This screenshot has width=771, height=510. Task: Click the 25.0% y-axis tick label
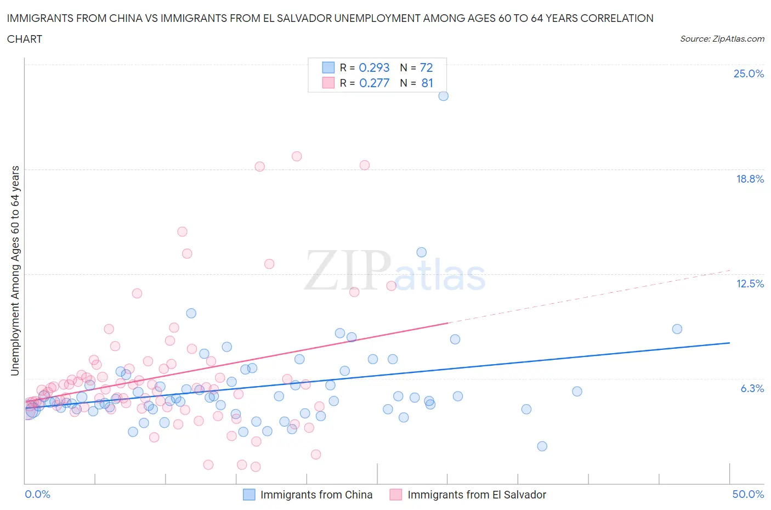(x=749, y=73)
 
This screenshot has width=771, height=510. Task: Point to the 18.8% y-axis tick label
(x=750, y=179)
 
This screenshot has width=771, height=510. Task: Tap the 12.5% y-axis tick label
(x=750, y=284)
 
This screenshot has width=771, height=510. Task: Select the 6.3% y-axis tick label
(x=752, y=388)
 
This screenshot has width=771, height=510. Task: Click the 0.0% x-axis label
(x=37, y=494)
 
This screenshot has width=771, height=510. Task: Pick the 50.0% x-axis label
(x=748, y=494)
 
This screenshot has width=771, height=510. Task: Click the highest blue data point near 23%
(x=444, y=96)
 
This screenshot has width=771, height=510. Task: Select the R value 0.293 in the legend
(x=374, y=67)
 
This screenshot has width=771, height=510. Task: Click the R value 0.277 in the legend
(x=374, y=83)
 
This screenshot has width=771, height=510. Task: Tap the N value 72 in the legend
(x=426, y=67)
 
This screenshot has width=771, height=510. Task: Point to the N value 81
(x=427, y=83)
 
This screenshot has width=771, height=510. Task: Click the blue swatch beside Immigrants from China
(x=249, y=495)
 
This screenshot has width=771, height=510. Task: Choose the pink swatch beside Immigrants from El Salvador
(x=396, y=495)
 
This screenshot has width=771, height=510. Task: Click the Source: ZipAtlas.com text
(x=722, y=38)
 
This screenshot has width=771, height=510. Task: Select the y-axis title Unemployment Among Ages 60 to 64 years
(x=15, y=270)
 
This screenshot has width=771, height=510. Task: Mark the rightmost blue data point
(x=677, y=329)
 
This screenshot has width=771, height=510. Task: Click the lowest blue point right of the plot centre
(x=542, y=446)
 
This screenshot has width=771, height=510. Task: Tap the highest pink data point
(x=297, y=156)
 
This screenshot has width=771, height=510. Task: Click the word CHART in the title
(x=25, y=39)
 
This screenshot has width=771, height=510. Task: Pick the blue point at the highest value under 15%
(x=422, y=252)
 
